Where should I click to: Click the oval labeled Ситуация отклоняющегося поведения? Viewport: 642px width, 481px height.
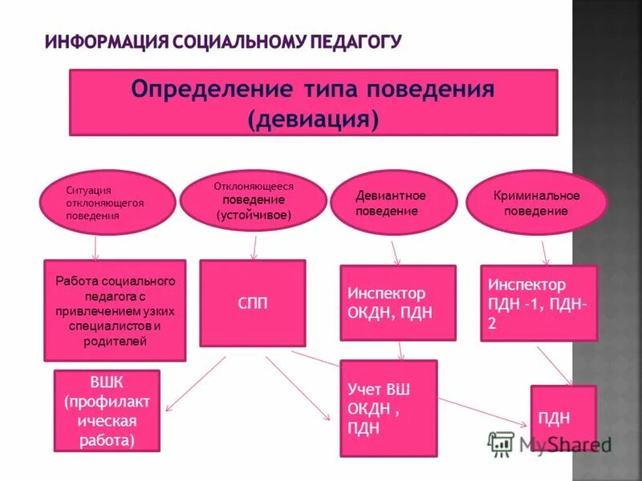pos(109,203)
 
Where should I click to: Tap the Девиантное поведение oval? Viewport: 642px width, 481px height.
pos(392,203)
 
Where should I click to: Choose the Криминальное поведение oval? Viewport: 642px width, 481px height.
pos(536,203)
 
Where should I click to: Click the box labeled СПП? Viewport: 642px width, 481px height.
pos(253,303)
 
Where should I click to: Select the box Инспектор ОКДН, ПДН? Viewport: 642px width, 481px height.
pos(397,303)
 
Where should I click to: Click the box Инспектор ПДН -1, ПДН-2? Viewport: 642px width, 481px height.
pos(538,303)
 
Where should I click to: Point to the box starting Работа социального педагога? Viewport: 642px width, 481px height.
pos(115,310)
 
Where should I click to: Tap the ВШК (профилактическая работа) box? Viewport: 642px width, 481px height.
pos(107,410)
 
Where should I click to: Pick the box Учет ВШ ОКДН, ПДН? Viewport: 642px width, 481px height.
pos(388,407)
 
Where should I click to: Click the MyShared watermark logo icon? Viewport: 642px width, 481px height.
pos(502,443)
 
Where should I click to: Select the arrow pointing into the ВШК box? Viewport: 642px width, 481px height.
pos(196,382)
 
